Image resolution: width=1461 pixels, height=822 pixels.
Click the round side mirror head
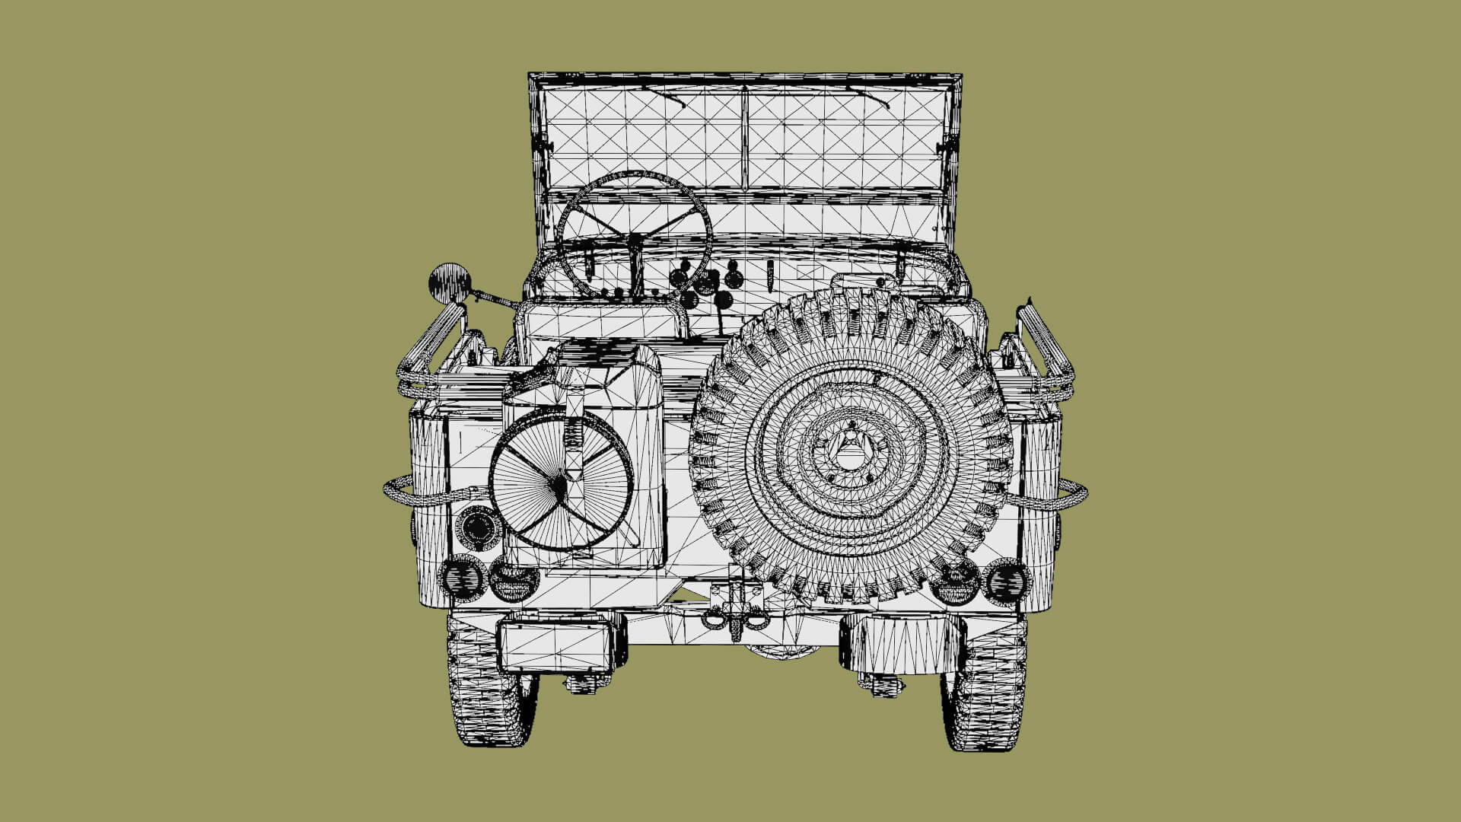tap(450, 283)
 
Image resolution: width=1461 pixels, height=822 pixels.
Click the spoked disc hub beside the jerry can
tap(560, 483)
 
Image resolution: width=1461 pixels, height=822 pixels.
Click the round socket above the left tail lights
tap(477, 527)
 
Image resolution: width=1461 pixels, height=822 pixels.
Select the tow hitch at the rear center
tap(735, 609)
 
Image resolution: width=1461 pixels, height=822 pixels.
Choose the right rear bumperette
tap(901, 644)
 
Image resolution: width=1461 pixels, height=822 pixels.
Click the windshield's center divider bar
tap(744, 137)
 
